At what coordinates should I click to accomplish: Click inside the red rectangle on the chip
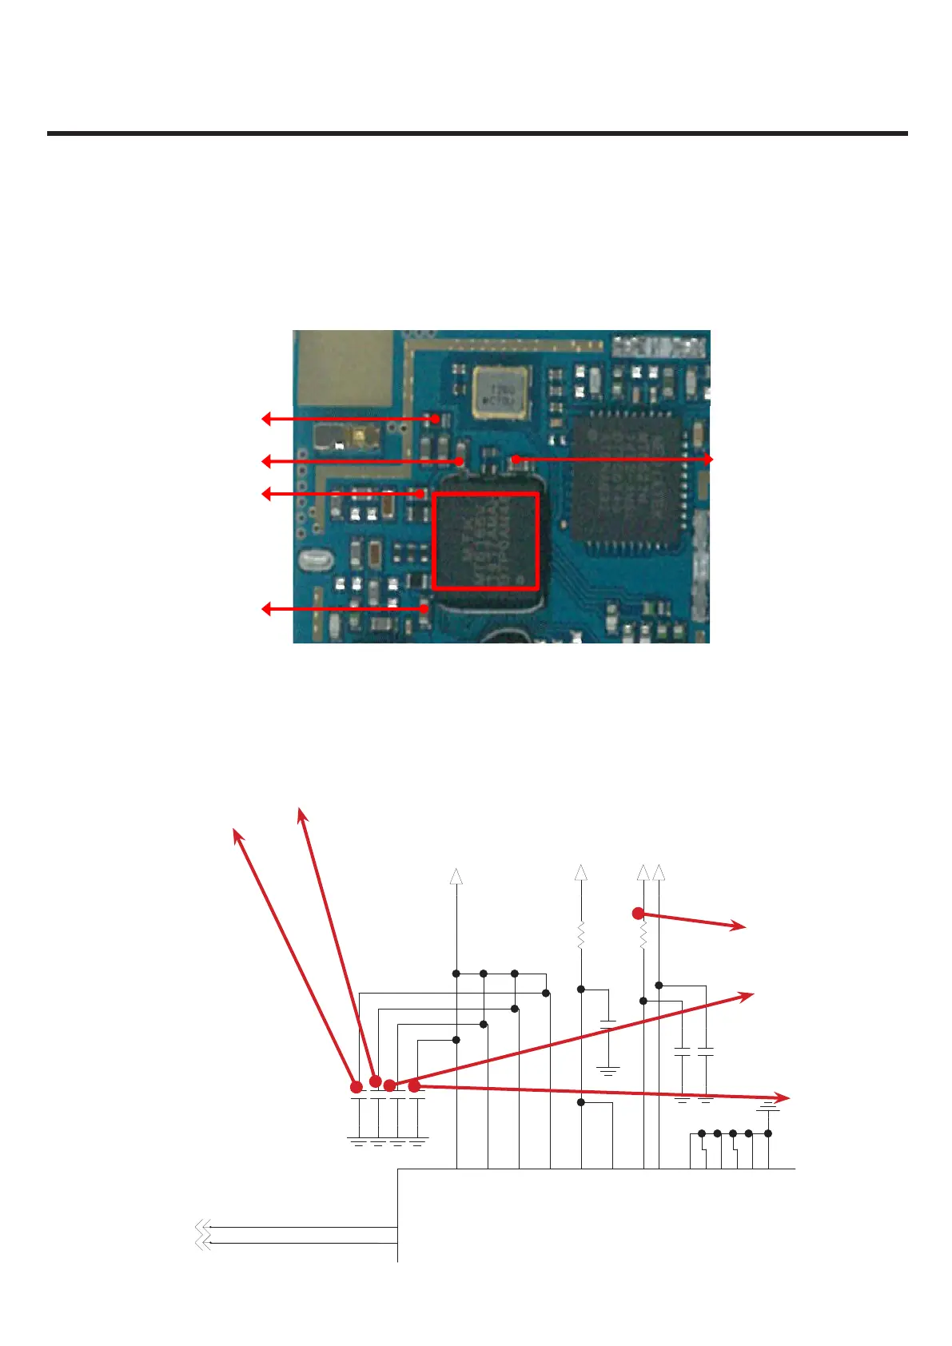(x=484, y=541)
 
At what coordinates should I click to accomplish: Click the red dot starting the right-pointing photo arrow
(x=516, y=459)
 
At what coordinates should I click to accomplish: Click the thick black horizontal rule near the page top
(x=477, y=133)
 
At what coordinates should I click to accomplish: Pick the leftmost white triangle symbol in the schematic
(x=456, y=876)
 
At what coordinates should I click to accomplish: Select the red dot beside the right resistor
(x=638, y=913)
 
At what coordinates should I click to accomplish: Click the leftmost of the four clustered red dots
(x=357, y=1086)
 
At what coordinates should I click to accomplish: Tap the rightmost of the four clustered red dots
(x=414, y=1085)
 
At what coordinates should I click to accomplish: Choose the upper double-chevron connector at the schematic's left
(x=202, y=1227)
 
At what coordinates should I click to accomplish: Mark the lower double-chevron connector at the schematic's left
(x=202, y=1243)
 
